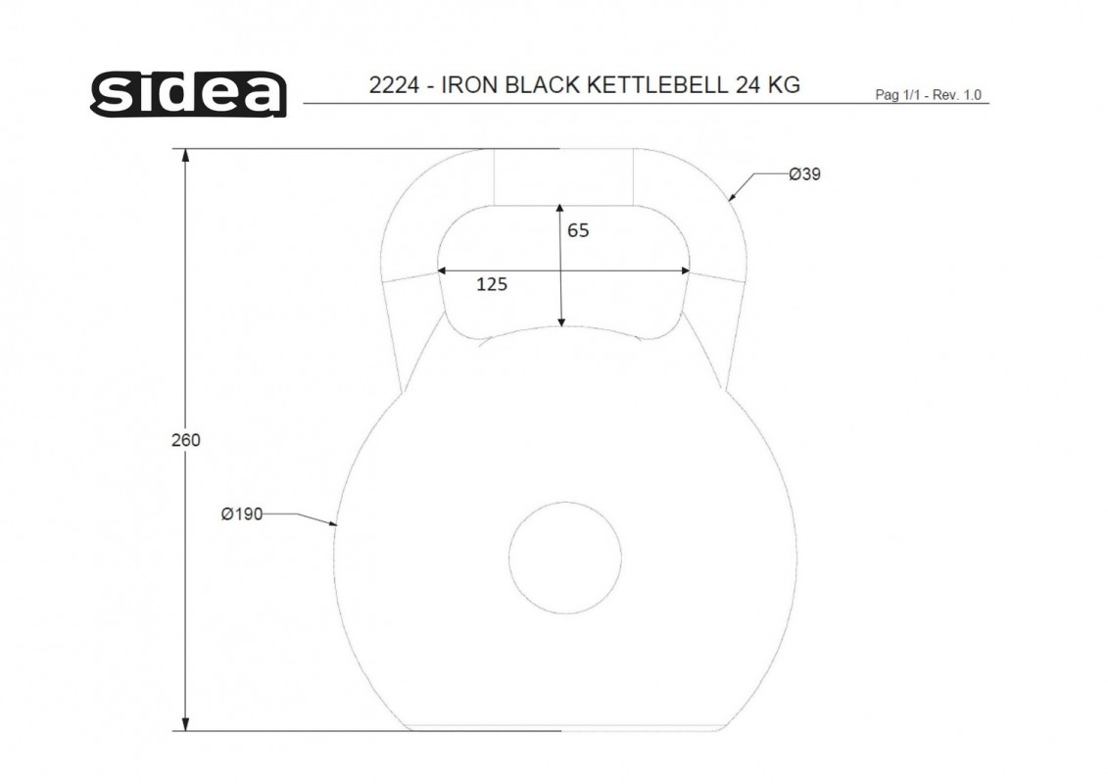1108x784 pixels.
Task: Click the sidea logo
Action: pyautogui.click(x=189, y=94)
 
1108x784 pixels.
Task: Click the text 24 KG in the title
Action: pyautogui.click(x=768, y=85)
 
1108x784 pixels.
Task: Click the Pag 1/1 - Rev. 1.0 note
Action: pyautogui.click(x=928, y=95)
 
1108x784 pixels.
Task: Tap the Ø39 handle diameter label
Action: pyautogui.click(x=805, y=173)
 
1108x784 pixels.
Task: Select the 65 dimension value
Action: pyautogui.click(x=578, y=230)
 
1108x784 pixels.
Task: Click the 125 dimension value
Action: pyautogui.click(x=492, y=284)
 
